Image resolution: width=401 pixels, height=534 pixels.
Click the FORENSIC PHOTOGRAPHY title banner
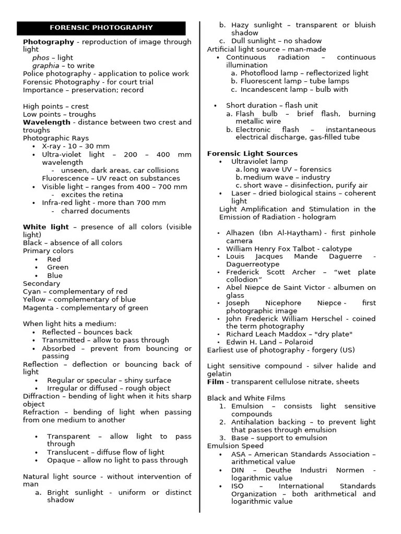coord(101,28)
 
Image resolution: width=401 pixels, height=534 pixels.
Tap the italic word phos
coord(41,58)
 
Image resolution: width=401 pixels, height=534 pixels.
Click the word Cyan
coord(31,292)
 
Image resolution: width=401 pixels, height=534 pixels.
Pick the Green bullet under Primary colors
coord(57,268)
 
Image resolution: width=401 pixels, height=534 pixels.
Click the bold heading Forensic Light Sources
coord(252,154)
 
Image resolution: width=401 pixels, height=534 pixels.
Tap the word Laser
coord(241,193)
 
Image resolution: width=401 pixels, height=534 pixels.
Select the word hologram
coord(320,217)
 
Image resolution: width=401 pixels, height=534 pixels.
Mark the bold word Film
coord(215,382)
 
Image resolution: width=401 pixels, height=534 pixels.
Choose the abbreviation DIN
coord(238,470)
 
